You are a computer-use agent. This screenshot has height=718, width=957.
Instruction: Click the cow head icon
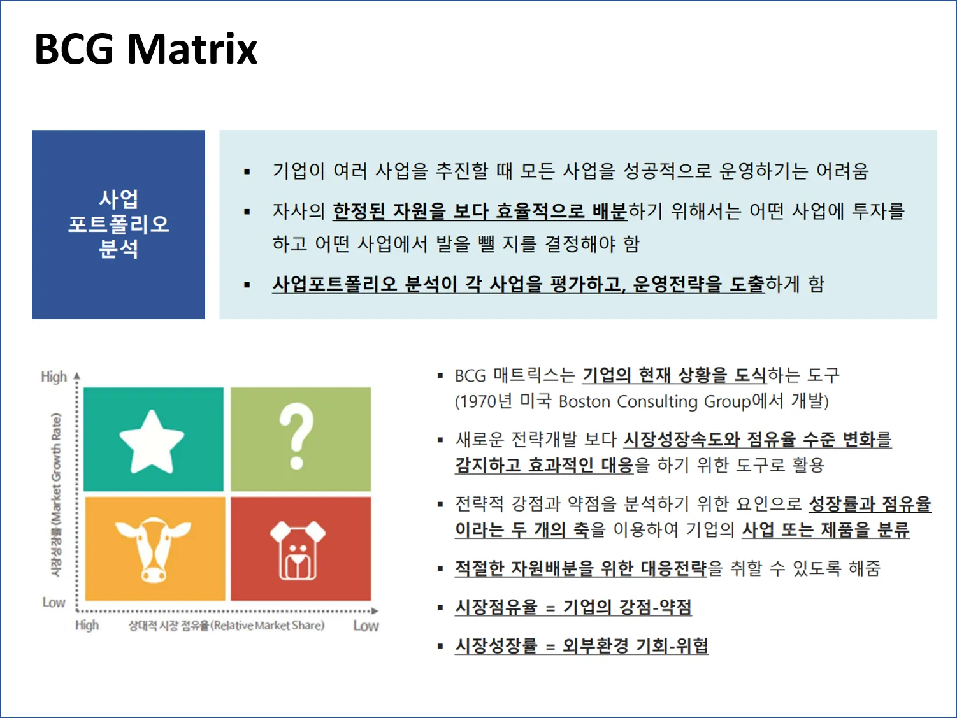click(153, 548)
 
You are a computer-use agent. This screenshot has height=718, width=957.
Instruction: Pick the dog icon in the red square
click(297, 550)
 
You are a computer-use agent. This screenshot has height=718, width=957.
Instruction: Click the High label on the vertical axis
click(54, 377)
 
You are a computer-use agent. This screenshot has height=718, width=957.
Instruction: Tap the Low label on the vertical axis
click(54, 602)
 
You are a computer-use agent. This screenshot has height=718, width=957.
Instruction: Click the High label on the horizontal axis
click(87, 625)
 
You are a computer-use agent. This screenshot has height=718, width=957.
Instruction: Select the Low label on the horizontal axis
click(366, 626)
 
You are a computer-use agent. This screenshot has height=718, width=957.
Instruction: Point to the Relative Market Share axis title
click(227, 626)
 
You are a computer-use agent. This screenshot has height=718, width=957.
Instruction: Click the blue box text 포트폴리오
click(119, 224)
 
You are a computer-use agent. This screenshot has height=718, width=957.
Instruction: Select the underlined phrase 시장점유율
click(496, 607)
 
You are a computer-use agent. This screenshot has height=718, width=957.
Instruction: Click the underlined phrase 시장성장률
click(496, 645)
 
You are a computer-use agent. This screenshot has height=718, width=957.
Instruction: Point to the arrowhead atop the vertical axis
click(77, 376)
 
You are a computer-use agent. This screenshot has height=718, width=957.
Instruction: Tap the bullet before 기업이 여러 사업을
click(247, 171)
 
